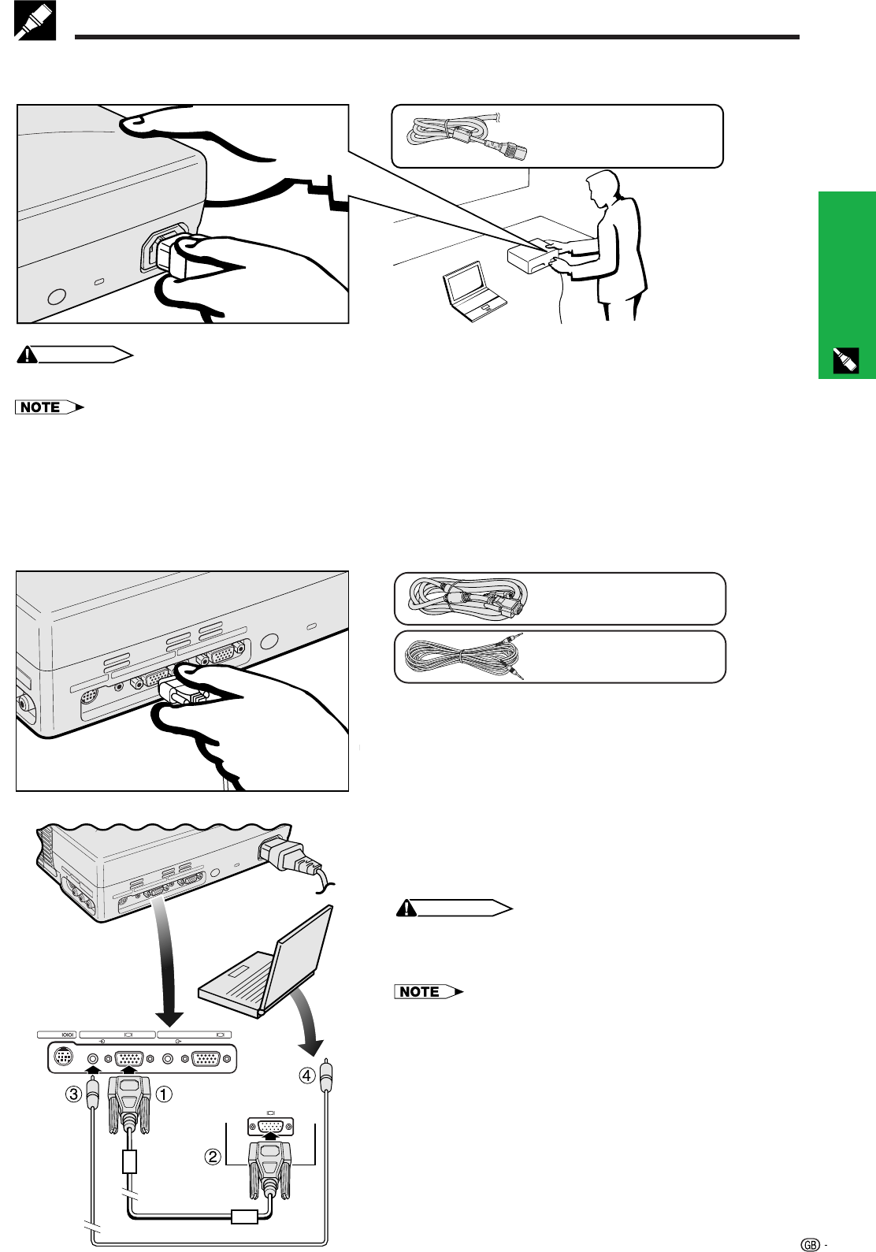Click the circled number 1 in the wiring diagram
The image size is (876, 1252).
pyautogui.click(x=163, y=1094)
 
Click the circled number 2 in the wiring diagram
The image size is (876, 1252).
pyautogui.click(x=212, y=1157)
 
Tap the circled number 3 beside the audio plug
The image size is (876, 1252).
pyautogui.click(x=74, y=1094)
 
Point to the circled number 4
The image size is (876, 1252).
pyautogui.click(x=307, y=1075)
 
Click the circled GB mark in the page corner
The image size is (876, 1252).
pyautogui.click(x=810, y=1244)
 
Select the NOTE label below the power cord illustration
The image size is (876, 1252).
pyautogui.click(x=49, y=407)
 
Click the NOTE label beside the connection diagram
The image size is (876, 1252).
pyautogui.click(x=429, y=991)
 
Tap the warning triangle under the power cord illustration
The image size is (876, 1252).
pyautogui.click(x=27, y=355)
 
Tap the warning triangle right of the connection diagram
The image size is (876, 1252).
pyautogui.click(x=406, y=908)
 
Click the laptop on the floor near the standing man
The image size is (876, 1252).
pyautogui.click(x=473, y=291)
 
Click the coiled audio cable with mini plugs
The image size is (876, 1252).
pyautogui.click(x=465, y=656)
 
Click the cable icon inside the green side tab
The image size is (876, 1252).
pyautogui.click(x=846, y=361)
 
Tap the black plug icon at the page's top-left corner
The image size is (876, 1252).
pyautogui.click(x=35, y=20)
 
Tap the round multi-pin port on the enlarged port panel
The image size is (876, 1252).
pyautogui.click(x=64, y=1058)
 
